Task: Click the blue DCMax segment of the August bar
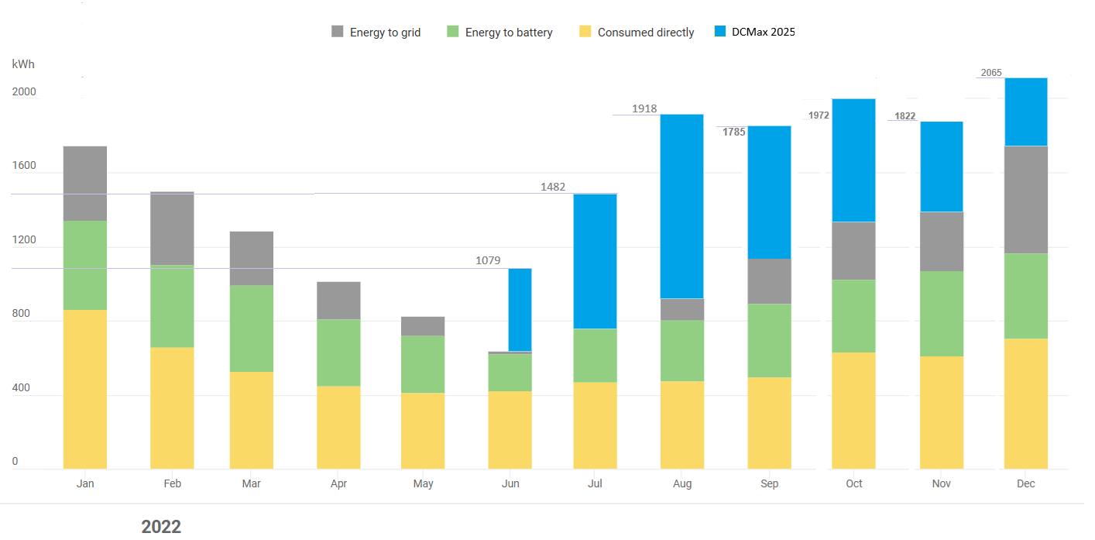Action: pyautogui.click(x=682, y=206)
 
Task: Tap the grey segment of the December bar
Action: pyautogui.click(x=1025, y=199)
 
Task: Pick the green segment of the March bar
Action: pyautogui.click(x=252, y=328)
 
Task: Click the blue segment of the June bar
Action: pyautogui.click(x=520, y=309)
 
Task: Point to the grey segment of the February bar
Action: pyautogui.click(x=172, y=229)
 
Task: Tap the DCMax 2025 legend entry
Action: pyautogui.click(x=763, y=32)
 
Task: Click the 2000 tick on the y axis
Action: pyautogui.click(x=24, y=92)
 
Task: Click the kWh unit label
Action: pyautogui.click(x=23, y=64)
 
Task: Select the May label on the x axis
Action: pyautogui.click(x=424, y=484)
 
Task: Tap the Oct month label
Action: pyautogui.click(x=854, y=483)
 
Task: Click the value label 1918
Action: pyautogui.click(x=644, y=108)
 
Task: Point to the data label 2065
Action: pyautogui.click(x=991, y=73)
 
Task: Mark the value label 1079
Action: pyautogui.click(x=488, y=261)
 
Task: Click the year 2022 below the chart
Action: pyautogui.click(x=161, y=527)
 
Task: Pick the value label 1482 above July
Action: pyautogui.click(x=553, y=187)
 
